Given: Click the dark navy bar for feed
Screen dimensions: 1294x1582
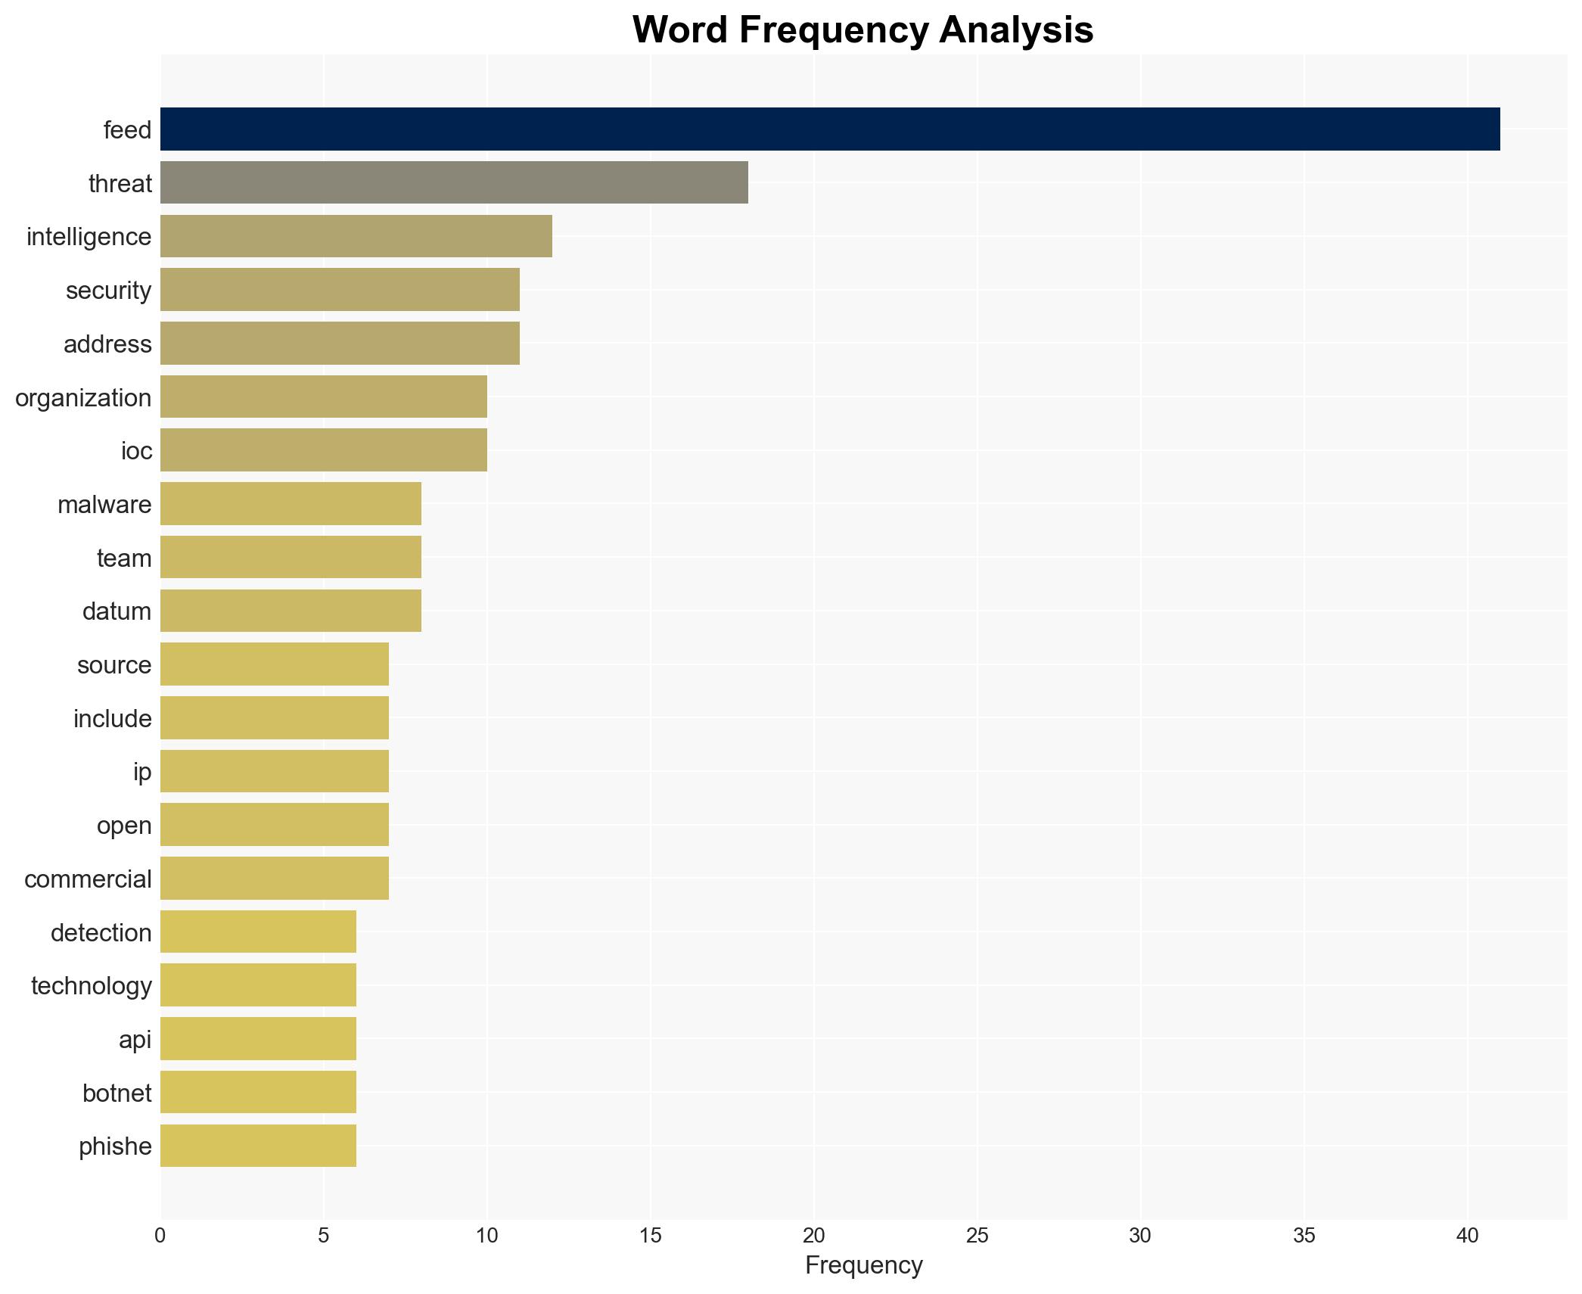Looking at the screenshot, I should (x=829, y=129).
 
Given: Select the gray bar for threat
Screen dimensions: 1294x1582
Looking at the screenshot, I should (x=454, y=183).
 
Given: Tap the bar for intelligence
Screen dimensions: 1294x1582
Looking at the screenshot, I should (x=356, y=237).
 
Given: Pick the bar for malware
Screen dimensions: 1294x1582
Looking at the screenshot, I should (x=291, y=504).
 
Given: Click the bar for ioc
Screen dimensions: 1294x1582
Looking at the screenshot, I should (x=323, y=450).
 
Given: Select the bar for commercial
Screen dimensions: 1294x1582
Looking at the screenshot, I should (x=274, y=879).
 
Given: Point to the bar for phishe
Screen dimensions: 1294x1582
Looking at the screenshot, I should (x=258, y=1146).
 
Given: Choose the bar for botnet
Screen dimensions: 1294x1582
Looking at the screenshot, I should (x=258, y=1093).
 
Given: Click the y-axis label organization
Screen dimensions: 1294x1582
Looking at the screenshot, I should (x=83, y=397).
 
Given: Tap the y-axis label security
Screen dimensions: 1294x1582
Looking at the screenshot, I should (x=108, y=291).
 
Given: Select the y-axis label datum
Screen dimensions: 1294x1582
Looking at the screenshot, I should (x=117, y=611).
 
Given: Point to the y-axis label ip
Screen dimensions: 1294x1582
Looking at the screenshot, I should (x=142, y=772).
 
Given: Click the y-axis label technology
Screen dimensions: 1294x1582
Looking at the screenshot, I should (x=91, y=985).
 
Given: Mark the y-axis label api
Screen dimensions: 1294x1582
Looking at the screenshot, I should (x=135, y=1039).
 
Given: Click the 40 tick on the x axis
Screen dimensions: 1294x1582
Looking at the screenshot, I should (x=1466, y=1236).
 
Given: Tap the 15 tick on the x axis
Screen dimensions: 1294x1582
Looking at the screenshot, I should (x=650, y=1236).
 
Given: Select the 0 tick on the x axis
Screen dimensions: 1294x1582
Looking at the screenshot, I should (x=160, y=1236).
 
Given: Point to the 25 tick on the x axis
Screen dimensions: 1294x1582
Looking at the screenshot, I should (x=977, y=1236).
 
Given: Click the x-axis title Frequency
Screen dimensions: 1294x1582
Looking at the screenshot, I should (x=863, y=1265).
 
